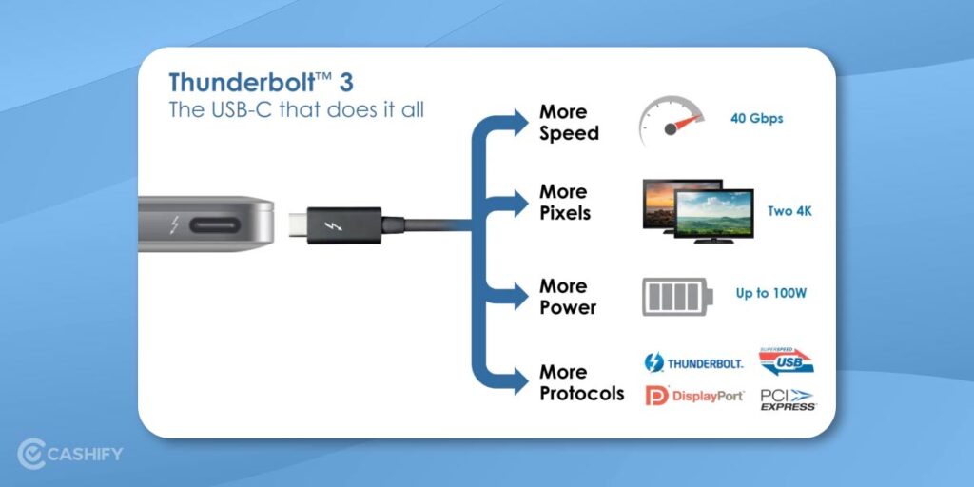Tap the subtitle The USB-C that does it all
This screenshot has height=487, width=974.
click(x=296, y=109)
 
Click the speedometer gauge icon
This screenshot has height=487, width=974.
click(x=672, y=121)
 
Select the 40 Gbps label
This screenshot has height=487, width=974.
click(x=757, y=119)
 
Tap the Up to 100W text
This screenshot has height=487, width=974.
click(x=770, y=293)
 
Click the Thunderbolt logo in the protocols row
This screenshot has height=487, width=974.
click(x=693, y=363)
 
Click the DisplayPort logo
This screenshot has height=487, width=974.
click(x=694, y=396)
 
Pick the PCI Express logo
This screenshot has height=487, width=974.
click(x=788, y=400)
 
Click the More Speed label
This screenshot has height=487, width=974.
click(x=569, y=123)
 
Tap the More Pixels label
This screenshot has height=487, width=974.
click(x=565, y=203)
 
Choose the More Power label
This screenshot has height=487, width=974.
click(x=568, y=297)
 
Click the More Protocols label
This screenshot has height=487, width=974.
click(x=581, y=382)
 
